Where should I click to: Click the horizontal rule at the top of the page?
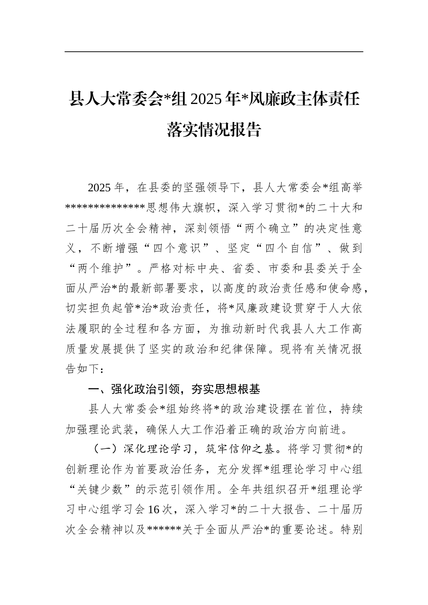tap(214, 52)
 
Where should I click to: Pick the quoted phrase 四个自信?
tap(289, 248)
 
